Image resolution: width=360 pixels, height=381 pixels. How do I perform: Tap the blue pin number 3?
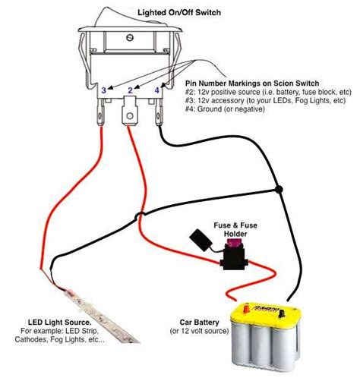point(104,90)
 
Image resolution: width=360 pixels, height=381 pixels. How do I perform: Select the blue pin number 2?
point(130,90)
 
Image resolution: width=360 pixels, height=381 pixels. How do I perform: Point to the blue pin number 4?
point(156,90)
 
